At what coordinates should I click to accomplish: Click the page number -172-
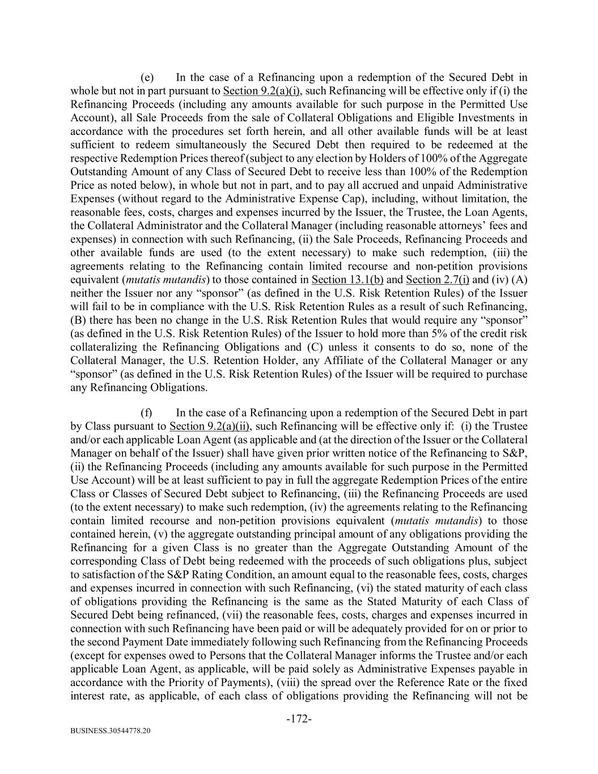click(299, 719)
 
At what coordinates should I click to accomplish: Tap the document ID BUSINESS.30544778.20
click(111, 731)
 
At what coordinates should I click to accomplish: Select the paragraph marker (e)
click(148, 77)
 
